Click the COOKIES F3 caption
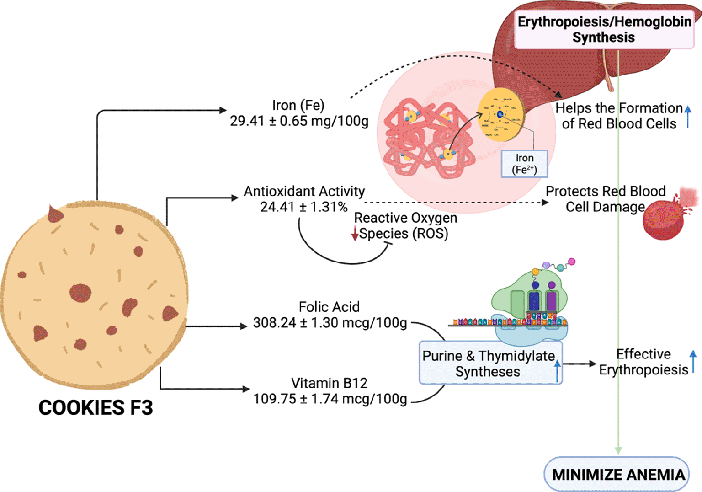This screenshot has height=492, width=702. point(96,407)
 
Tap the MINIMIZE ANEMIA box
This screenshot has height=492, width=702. point(617,474)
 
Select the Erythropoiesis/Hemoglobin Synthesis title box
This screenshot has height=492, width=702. point(604,30)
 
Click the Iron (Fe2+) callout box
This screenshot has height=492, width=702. point(524,164)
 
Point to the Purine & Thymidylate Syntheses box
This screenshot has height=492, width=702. point(489,364)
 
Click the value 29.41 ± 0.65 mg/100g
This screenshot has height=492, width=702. point(299,121)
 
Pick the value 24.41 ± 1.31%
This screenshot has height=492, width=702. point(304,207)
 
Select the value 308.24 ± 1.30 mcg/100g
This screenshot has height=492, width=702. point(330,323)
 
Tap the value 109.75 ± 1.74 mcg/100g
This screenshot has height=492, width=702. point(330,399)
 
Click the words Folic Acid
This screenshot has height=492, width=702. point(329,307)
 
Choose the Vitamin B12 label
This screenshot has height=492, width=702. point(329,383)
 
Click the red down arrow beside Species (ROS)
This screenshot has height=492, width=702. point(355,234)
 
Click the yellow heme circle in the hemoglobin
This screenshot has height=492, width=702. point(501,114)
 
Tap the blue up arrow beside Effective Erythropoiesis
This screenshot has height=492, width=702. point(693,361)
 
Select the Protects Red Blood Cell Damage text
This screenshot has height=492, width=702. point(605,199)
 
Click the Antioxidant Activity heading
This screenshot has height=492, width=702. point(304,191)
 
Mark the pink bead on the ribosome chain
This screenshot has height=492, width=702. point(571,262)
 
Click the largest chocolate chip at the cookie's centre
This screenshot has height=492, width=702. point(80,293)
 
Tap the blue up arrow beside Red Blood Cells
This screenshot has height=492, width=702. point(688,116)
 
